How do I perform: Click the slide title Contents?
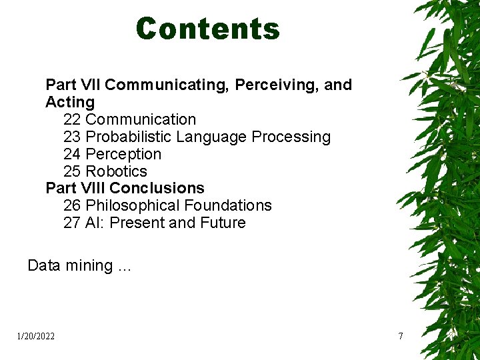pos(207,29)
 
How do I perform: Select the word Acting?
pos(70,103)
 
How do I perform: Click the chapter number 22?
pos(72,120)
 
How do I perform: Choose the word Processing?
pos(291,137)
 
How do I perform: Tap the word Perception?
pos(124,155)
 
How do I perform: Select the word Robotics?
pos(117,171)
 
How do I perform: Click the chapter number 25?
pos(72,171)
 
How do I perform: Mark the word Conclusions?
pos(157,189)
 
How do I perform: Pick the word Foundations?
pos(228,206)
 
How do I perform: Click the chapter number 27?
pos(72,223)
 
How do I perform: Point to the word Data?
pos(44,266)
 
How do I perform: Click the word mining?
pos(89,266)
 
